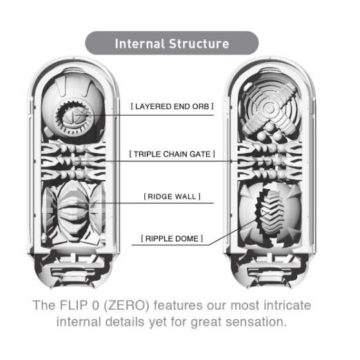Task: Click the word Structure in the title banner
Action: click(x=199, y=43)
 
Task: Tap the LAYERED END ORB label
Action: click(x=172, y=106)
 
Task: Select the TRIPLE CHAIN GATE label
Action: click(x=172, y=154)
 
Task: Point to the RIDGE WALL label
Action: click(x=172, y=197)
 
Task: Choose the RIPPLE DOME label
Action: click(x=172, y=239)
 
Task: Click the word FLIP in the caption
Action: click(x=74, y=306)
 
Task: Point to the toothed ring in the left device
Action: click(x=74, y=118)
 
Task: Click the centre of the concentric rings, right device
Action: click(x=268, y=107)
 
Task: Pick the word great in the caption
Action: click(x=206, y=323)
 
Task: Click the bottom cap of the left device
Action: click(x=73, y=271)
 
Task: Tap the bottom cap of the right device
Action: click(x=270, y=271)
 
